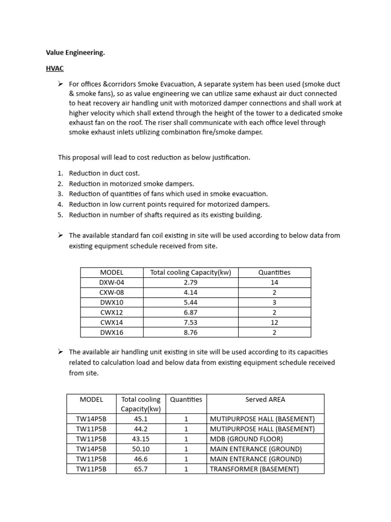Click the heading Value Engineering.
tap(75, 52)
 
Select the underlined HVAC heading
tap(54, 68)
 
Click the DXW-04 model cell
tap(111, 282)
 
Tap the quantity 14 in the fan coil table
tap(274, 282)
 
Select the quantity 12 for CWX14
tap(274, 322)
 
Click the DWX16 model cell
tap(111, 332)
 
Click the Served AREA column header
tap(265, 400)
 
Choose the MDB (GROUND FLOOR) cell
tap(246, 439)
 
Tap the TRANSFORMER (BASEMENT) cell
tap(254, 469)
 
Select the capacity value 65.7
tap(141, 469)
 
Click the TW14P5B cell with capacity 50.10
tap(91, 449)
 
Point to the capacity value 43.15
tap(141, 439)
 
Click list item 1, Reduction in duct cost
tap(104, 173)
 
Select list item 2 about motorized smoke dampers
tap(131, 184)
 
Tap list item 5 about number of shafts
tap(165, 215)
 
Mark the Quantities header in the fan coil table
tap(274, 272)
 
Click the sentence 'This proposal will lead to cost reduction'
tap(154, 158)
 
